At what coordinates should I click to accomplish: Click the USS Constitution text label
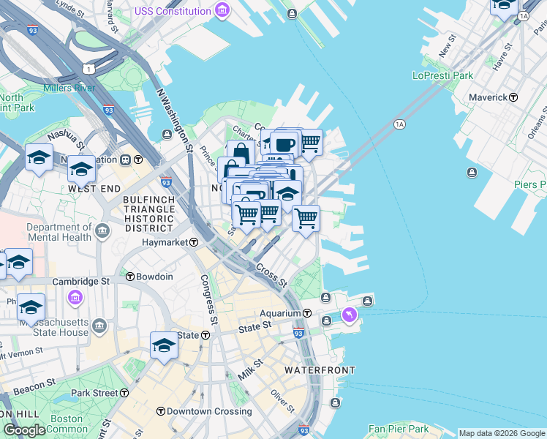(x=173, y=11)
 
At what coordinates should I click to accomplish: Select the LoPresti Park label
(x=442, y=75)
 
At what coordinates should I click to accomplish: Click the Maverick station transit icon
(x=513, y=97)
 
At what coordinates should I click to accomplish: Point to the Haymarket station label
(x=166, y=242)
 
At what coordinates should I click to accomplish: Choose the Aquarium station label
(x=282, y=313)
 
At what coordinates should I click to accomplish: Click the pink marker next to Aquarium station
(x=350, y=315)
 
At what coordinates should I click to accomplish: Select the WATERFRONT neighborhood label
(x=320, y=370)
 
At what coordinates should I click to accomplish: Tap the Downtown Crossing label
(x=209, y=411)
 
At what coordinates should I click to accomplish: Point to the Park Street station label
(x=94, y=393)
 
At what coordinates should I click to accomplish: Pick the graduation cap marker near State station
(x=164, y=344)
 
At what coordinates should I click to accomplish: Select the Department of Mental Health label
(x=59, y=232)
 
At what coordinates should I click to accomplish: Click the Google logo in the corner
(x=23, y=430)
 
